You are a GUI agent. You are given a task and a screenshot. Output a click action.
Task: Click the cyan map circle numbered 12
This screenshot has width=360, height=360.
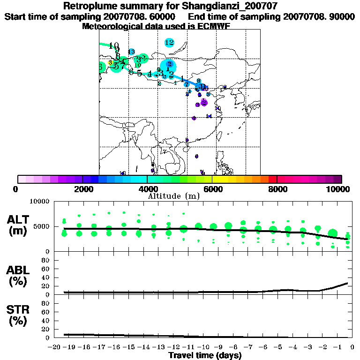(x=170, y=43)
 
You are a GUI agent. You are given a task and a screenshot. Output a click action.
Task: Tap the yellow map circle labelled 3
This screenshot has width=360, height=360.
(x=110, y=62)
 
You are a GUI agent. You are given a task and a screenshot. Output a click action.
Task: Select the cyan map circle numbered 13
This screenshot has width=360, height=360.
(x=131, y=52)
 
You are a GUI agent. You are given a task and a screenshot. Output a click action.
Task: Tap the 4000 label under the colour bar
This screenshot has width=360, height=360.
(x=148, y=189)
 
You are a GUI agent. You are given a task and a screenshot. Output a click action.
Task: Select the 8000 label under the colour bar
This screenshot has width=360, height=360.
(x=277, y=189)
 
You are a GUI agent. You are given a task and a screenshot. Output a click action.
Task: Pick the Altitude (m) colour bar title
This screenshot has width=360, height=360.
(x=174, y=196)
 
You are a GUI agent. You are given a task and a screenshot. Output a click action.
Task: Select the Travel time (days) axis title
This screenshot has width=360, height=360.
(x=205, y=355)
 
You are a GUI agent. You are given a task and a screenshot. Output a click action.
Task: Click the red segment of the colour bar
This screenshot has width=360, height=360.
(x=272, y=179)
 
